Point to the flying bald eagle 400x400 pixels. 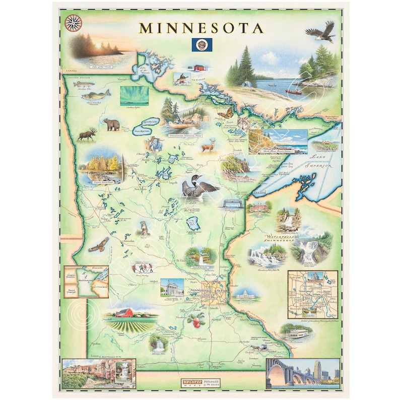pyautogui.click(x=320, y=32)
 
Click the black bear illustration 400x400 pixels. pyautogui.click(x=111, y=124)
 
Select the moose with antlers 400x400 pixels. pyautogui.click(x=88, y=135)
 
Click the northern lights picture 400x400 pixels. pyautogui.click(x=134, y=95)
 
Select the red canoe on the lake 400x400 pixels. pyautogui.click(x=293, y=92)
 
